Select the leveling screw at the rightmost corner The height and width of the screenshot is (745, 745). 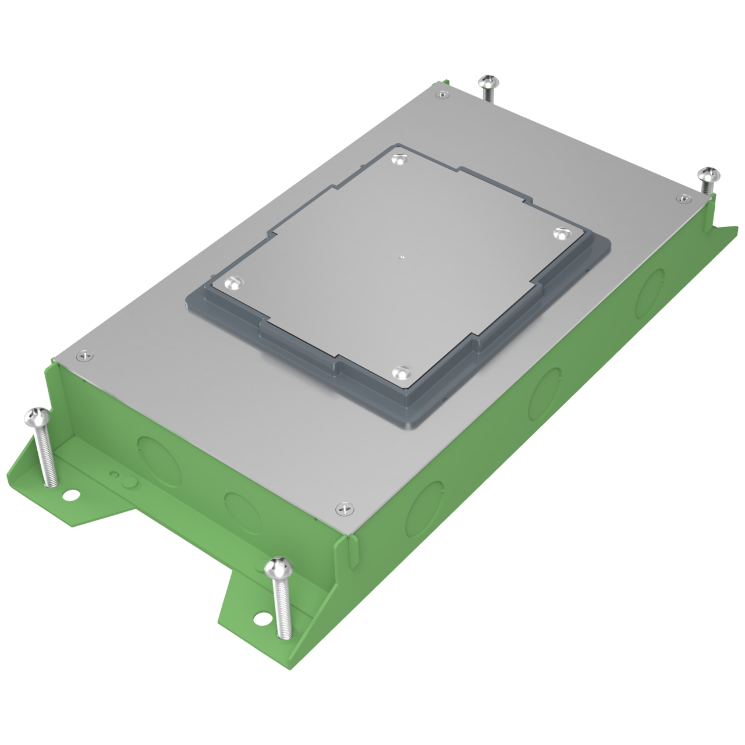[x=709, y=174]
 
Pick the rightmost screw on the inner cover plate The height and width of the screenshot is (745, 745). [x=560, y=233]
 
